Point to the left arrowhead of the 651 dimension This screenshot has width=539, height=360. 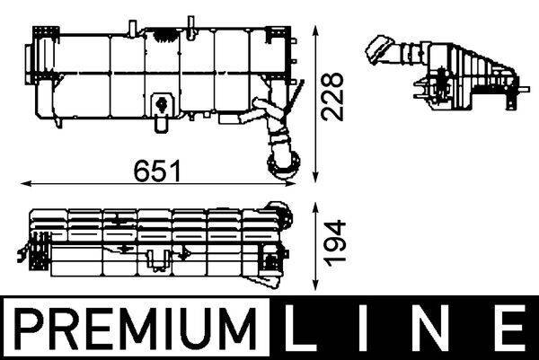(x=22, y=183)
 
